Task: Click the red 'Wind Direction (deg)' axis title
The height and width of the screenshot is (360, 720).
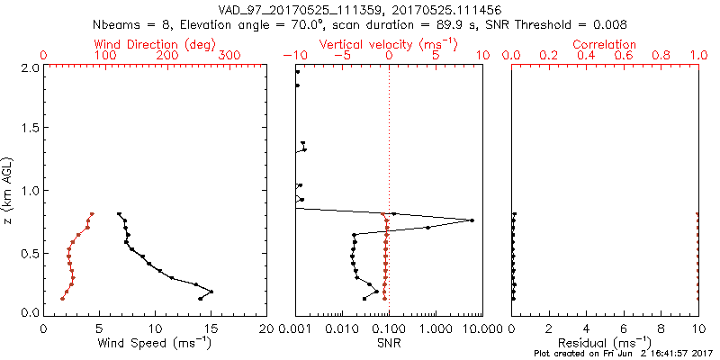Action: tap(156, 44)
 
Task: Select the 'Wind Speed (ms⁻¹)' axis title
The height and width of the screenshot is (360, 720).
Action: tap(156, 344)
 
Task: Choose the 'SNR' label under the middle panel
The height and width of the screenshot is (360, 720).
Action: tap(388, 344)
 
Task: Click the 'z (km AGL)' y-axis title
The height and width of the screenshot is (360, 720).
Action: tap(9, 190)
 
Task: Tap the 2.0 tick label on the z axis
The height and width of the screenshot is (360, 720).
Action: tap(29, 67)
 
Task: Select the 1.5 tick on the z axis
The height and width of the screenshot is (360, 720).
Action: tap(29, 129)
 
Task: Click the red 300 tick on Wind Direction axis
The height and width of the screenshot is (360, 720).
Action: tap(229, 56)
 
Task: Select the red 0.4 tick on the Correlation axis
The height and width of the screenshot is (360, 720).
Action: tap(586, 56)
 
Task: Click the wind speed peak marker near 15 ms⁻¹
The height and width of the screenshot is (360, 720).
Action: tap(211, 292)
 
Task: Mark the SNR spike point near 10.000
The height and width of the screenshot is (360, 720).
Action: tap(472, 220)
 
